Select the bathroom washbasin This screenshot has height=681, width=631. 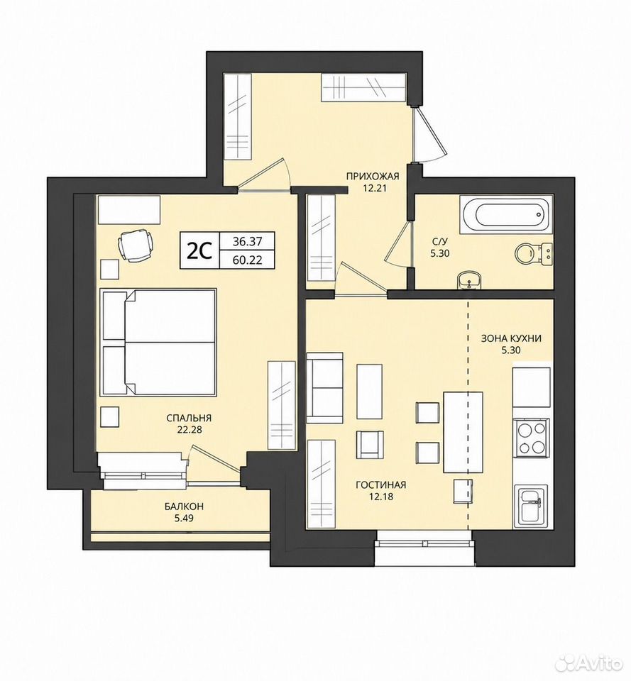coord(469,281)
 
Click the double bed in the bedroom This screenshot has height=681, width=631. coord(158,343)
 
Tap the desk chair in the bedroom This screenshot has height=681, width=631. coord(136,245)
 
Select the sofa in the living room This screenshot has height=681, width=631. coord(324,388)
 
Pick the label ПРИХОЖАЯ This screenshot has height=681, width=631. coord(373,176)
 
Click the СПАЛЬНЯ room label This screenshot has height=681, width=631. coord(189,418)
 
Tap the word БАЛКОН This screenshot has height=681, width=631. coord(184,506)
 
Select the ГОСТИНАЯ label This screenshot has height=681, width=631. coord(380,485)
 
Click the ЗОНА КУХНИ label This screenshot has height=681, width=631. coord(511,339)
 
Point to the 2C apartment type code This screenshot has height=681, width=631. coord(200,250)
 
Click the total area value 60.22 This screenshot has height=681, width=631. coord(247,260)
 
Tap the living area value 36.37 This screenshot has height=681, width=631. coord(247,240)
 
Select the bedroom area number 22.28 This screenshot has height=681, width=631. coord(189,431)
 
